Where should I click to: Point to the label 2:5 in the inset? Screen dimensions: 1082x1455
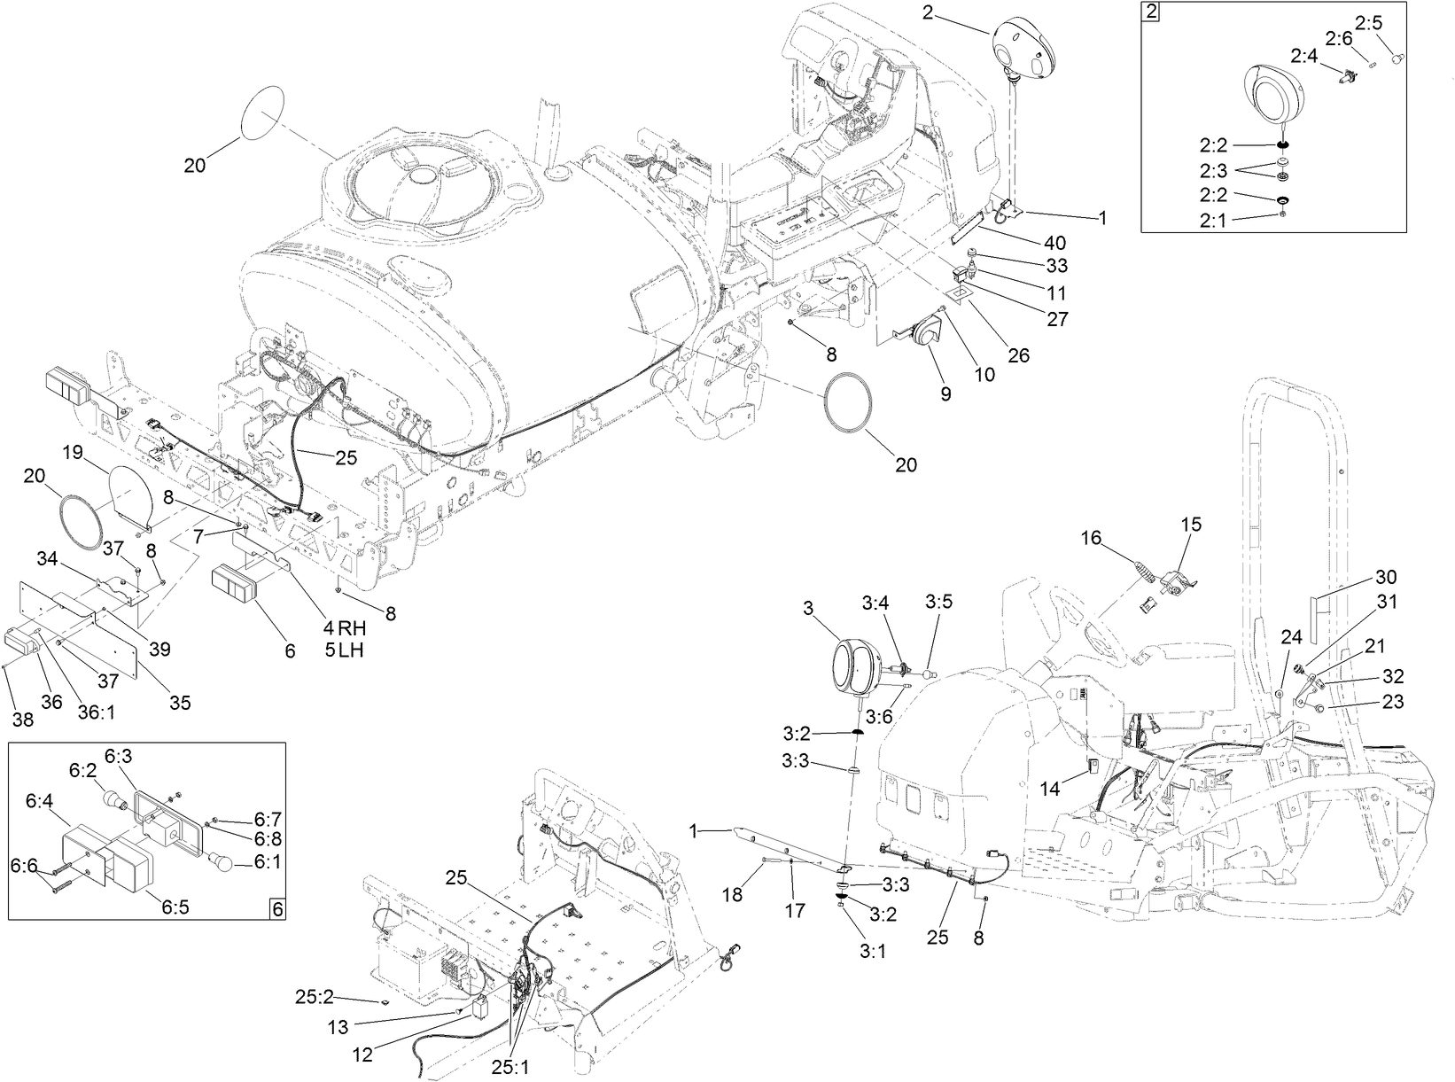(1368, 23)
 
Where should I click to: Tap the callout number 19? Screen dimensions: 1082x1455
(73, 454)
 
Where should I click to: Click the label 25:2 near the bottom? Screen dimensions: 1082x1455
(315, 997)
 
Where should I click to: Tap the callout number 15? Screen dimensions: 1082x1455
(1191, 525)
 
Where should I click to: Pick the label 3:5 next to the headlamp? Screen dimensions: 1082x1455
(938, 602)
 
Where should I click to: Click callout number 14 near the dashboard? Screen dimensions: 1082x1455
(1049, 787)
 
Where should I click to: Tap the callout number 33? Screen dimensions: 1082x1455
(1056, 266)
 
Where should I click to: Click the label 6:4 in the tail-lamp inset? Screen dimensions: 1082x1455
(40, 800)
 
